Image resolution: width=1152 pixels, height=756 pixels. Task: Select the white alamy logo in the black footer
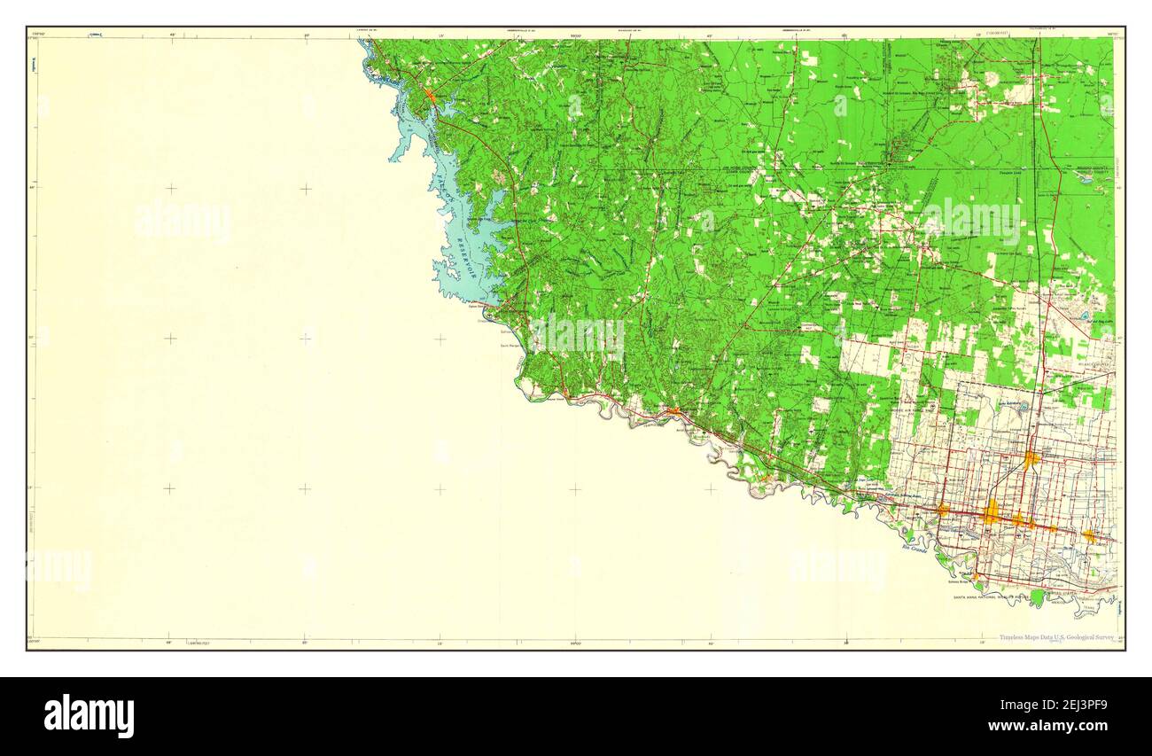pos(89,716)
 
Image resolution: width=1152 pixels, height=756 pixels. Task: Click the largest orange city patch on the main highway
pos(992,511)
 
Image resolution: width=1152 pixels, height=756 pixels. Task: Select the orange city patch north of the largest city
pos(1031,459)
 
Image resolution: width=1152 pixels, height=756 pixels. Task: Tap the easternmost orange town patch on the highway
pos(1088,535)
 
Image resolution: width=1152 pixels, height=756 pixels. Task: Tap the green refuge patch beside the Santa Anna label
pos(1038,596)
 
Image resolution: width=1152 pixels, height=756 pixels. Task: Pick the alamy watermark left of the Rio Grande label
pos(837,567)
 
